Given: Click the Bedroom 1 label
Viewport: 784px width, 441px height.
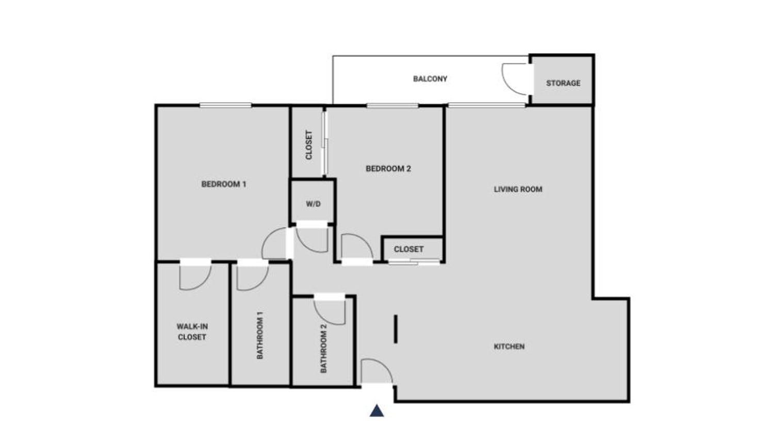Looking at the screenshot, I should coord(223,184).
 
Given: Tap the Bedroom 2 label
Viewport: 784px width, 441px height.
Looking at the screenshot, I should coord(388,169).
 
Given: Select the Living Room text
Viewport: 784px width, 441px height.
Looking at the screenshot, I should coord(518,189).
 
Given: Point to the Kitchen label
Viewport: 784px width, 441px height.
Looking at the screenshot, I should coord(509,347).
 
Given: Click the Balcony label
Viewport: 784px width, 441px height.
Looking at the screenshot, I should coord(430,79).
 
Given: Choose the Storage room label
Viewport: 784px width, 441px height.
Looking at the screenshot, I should coord(563,83).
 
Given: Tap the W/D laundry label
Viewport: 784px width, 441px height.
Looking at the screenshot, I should coord(313,204).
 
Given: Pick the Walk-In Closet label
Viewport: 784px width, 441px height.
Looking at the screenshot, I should coord(192,332).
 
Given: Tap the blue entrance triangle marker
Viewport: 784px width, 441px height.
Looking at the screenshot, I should coord(377,411).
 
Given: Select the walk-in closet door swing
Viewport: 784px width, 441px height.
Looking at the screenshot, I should coord(194,277).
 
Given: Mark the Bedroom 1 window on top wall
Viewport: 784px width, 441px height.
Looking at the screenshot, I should coord(225,106).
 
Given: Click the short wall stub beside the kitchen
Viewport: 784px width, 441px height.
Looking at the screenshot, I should coord(396,329).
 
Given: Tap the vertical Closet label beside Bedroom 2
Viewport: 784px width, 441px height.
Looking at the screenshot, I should coord(309,145).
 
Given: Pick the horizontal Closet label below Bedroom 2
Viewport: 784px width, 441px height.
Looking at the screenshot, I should coord(409,249).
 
